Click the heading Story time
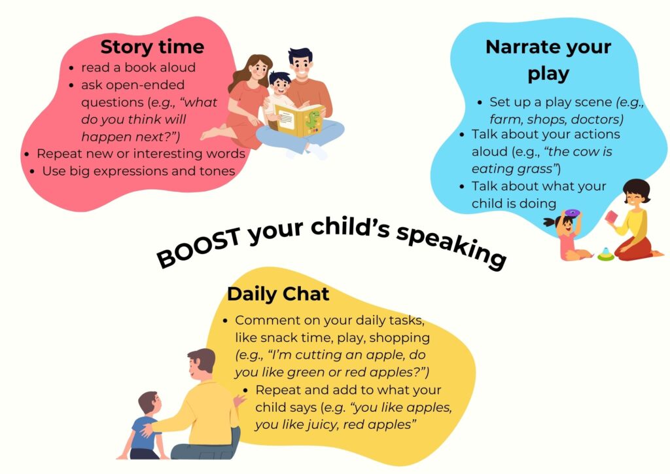(152, 46)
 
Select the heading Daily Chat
(278, 294)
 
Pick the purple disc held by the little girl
(572, 212)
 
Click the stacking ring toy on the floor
(605, 254)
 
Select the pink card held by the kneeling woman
(612, 217)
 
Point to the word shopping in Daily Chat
(400, 338)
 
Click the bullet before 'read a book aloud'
(71, 68)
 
